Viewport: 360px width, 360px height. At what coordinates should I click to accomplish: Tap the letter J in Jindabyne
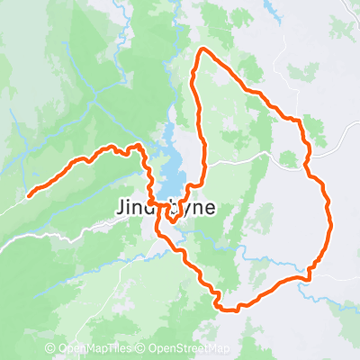tap(121, 207)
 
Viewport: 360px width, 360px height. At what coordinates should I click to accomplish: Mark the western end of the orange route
tap(30, 193)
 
